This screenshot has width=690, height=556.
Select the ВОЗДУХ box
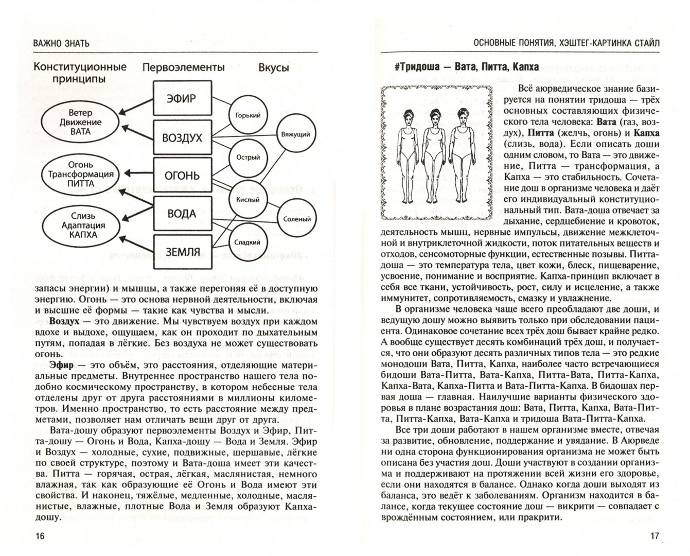[x=182, y=138]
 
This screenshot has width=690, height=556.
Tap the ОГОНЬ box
[x=182, y=176]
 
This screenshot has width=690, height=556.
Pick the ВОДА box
[x=182, y=214]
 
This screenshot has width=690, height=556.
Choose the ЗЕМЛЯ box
[x=182, y=252]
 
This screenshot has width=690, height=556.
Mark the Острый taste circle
[x=247, y=158]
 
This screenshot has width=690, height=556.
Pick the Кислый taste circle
[x=247, y=200]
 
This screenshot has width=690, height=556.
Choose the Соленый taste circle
[x=297, y=219]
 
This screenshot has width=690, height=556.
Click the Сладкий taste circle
[x=247, y=242]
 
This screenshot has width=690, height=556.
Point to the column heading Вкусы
[x=273, y=68]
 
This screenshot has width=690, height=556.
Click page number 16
[x=40, y=536]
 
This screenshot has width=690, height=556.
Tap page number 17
[x=654, y=536]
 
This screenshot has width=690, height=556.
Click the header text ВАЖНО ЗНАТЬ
[x=61, y=43]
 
